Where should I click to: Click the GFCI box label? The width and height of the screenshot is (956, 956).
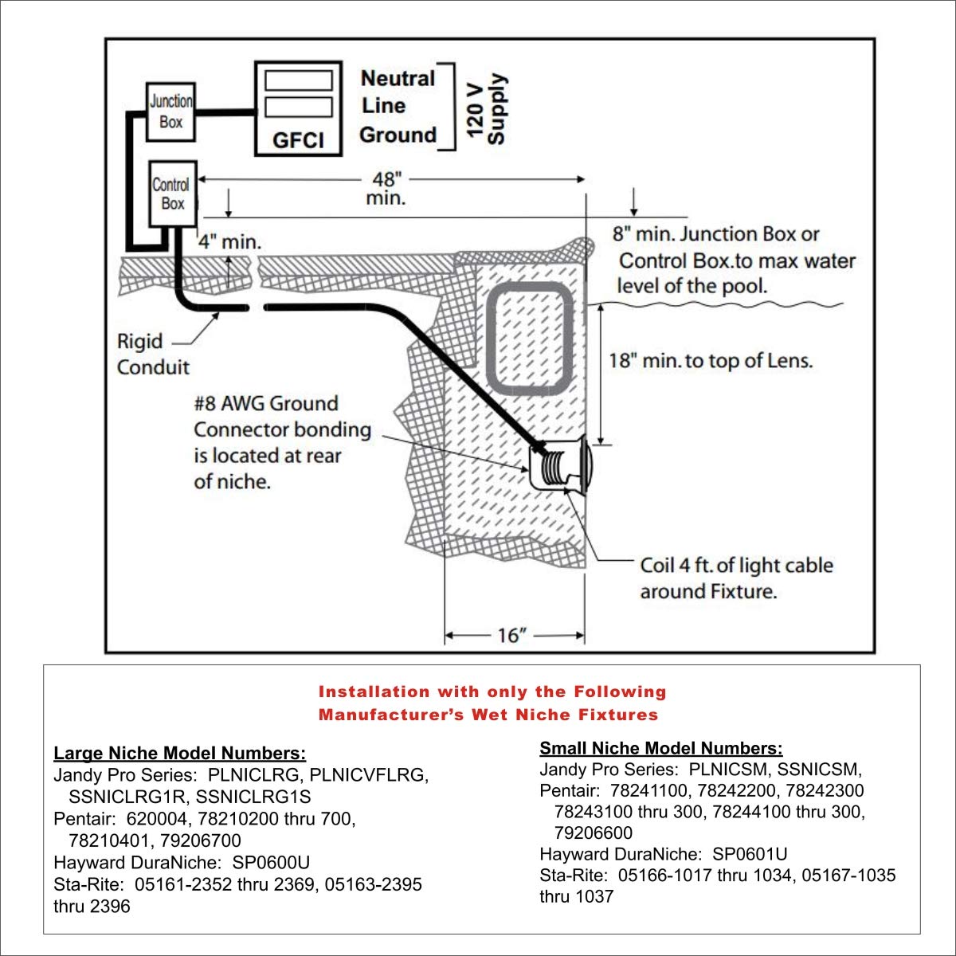coord(298,140)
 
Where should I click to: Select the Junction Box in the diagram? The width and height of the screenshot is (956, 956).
coord(171,112)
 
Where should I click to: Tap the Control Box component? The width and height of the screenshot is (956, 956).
coord(172,194)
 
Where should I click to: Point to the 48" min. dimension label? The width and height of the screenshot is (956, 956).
coord(386,188)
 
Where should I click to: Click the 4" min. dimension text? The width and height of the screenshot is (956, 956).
coord(229,241)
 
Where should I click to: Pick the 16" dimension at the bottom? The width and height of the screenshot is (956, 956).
coord(512,636)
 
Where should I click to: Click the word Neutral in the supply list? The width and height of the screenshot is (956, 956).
coord(398,78)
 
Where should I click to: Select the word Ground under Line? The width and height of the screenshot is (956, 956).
coord(398,135)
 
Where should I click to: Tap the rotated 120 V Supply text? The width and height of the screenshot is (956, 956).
coord(486,109)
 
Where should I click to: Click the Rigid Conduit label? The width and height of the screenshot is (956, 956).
coord(153,354)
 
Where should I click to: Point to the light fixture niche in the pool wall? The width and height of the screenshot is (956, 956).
coord(560,468)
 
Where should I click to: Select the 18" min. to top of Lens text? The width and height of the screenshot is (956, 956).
coord(711,361)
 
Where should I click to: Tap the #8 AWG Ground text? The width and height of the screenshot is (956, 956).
coord(266,403)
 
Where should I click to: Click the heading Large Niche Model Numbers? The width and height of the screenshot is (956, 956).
coord(179,753)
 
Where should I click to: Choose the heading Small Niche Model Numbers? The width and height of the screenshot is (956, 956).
coord(660,748)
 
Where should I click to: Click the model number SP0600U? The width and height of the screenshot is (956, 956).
coord(271,862)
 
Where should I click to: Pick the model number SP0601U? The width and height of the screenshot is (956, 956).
coord(750,854)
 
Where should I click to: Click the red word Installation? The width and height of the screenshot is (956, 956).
coord(374,692)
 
